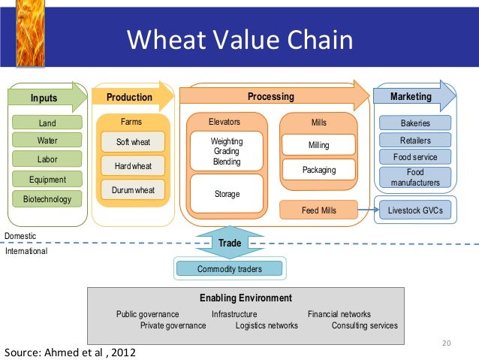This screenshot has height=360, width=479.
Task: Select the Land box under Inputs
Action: click(47, 123)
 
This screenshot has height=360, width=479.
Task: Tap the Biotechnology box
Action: click(47, 199)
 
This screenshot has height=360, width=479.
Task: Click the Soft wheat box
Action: click(133, 142)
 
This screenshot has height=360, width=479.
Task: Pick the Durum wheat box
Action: click(133, 190)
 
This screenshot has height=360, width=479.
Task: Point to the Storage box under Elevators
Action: click(227, 194)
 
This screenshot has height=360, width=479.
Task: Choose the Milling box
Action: click(319, 145)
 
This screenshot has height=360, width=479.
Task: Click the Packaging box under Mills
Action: click(319, 170)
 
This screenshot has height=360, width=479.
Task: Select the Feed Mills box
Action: click(319, 210)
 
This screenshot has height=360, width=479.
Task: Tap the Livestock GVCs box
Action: click(415, 210)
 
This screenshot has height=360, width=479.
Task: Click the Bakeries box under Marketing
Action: click(415, 123)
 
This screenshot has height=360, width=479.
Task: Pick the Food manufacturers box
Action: click(415, 177)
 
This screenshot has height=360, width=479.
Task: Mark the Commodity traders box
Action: click(230, 268)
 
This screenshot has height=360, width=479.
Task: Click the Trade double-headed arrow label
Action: click(230, 243)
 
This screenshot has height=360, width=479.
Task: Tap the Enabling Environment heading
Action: click(246, 298)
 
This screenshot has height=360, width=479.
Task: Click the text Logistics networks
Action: click(267, 325)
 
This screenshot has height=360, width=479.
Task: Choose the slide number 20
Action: click(447, 344)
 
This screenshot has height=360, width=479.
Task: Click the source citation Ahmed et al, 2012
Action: click(71, 352)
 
